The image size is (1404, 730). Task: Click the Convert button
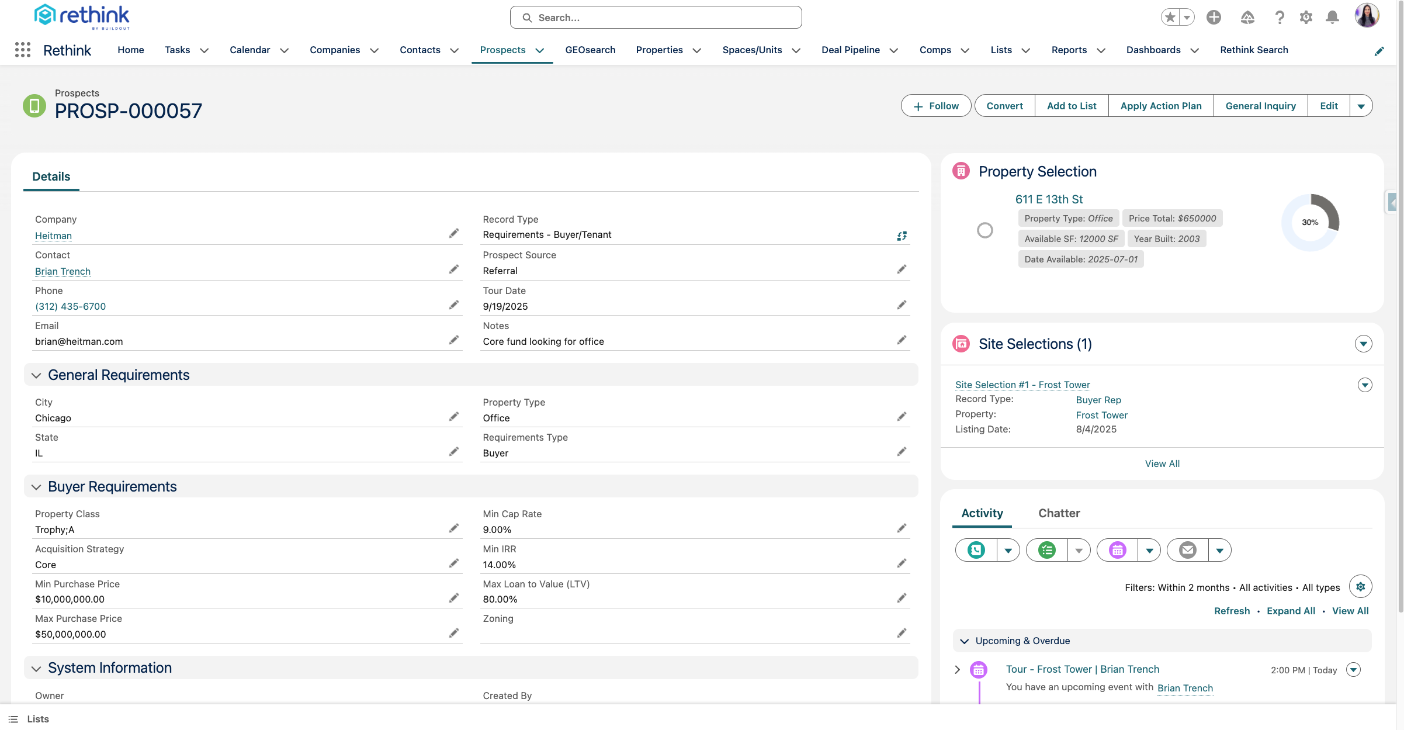tap(1004, 106)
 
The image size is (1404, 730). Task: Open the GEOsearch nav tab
tap(590, 50)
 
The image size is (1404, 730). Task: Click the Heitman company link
tap(53, 236)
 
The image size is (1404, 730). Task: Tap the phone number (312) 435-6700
tap(70, 306)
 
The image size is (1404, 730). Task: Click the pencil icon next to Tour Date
tap(902, 305)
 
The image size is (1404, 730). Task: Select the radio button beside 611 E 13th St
tap(985, 230)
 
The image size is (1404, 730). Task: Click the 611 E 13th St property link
tap(1049, 199)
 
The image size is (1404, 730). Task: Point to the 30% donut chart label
tap(1310, 222)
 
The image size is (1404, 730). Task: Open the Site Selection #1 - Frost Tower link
tap(1022, 385)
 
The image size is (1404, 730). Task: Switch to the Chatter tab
tap(1059, 513)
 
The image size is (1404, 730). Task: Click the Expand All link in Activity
tap(1291, 611)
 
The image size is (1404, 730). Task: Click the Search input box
tap(656, 18)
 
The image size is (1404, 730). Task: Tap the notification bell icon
tap(1332, 18)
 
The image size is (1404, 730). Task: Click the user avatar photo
tap(1367, 16)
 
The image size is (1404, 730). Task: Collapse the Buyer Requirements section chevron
tap(36, 487)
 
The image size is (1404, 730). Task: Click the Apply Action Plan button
tap(1160, 106)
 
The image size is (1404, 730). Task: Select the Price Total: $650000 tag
tap(1172, 218)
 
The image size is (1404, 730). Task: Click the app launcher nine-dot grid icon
tap(22, 50)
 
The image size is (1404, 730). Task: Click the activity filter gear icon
tap(1360, 587)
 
